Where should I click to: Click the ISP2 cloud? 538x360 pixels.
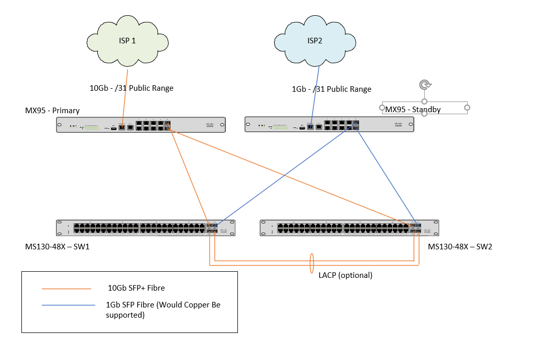[315, 41]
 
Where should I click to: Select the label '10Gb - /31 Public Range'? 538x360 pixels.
[131, 88]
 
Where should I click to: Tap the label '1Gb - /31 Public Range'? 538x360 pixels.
[331, 89]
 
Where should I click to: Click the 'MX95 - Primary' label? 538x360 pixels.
[52, 111]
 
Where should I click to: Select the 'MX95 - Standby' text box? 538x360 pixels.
[413, 110]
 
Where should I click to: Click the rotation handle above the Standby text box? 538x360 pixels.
[424, 85]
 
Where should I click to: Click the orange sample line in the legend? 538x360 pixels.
[66, 289]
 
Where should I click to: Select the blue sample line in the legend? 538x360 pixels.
[69, 305]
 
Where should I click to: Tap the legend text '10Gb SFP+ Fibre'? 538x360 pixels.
[136, 289]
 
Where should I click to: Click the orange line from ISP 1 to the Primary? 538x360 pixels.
[124, 97]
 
